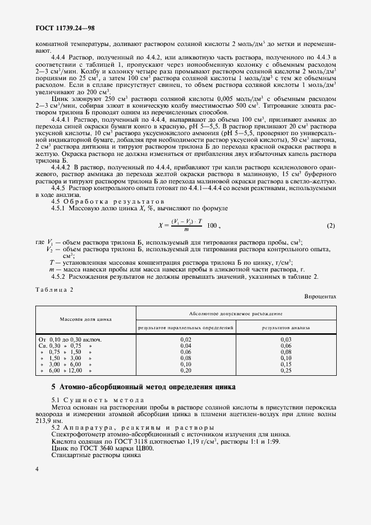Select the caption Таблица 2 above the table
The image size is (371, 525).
coord(54,289)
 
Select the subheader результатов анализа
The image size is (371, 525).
coord(286,326)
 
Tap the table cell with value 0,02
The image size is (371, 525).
coord(186,339)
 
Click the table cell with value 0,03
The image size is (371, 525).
coord(286,339)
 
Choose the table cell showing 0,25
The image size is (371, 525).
coord(286,371)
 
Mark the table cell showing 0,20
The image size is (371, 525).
coord(186,371)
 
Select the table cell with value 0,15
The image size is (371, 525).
coord(286,365)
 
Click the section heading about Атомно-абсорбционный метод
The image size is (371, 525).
coord(143,388)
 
